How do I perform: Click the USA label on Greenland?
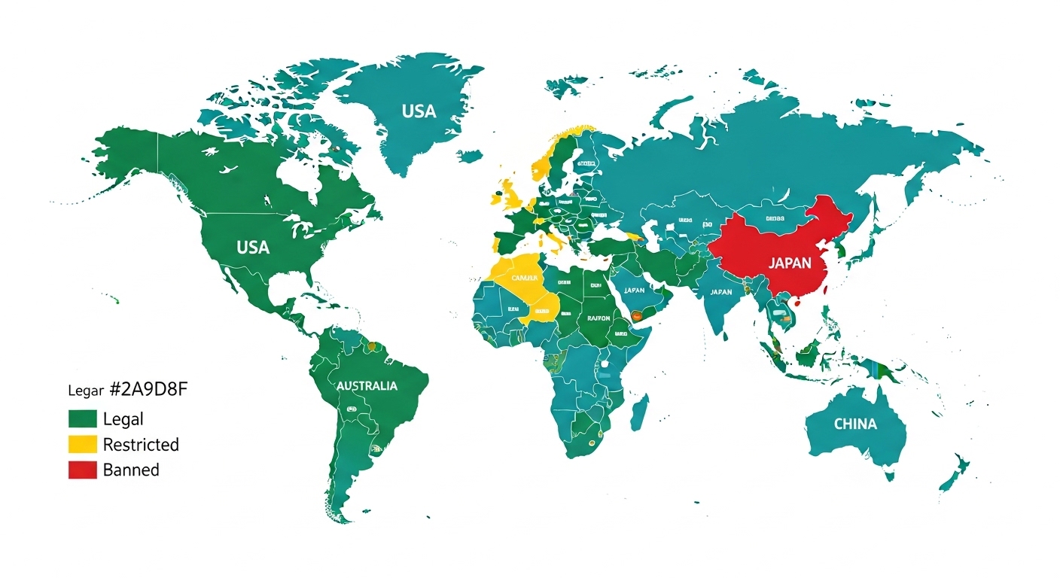419,111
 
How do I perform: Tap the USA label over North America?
253,248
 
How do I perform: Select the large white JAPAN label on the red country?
790,263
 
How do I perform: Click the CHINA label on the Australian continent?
855,424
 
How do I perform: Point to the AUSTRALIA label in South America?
367,386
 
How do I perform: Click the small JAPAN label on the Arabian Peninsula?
635,290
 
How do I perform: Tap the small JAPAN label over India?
720,292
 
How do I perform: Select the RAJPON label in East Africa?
599,318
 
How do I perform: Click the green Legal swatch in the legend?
83,419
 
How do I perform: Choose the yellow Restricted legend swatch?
83,444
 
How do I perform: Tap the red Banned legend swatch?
83,470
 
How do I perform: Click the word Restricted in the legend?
141,444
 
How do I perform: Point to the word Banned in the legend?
131,470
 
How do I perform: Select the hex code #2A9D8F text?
148,390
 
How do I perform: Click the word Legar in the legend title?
84,391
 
